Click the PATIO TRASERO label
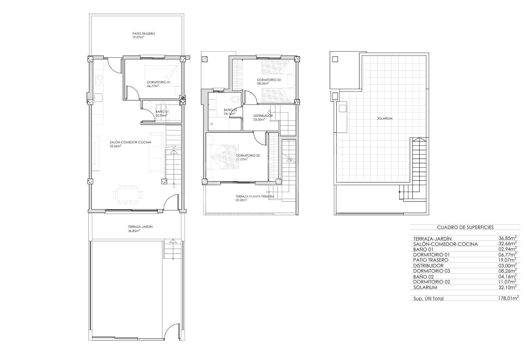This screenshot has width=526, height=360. point(144,34)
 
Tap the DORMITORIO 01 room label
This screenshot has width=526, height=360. point(159,82)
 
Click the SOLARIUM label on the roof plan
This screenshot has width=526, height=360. point(385,119)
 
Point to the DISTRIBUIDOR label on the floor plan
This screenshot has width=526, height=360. point(263,116)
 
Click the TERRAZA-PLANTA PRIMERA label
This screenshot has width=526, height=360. point(255,196)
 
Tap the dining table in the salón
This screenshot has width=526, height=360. point(128,195)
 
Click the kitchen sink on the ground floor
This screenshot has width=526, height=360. point(98,97)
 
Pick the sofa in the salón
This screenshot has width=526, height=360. point(156,152)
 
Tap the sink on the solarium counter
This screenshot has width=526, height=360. point(343,108)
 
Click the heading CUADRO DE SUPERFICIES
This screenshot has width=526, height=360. point(465,227)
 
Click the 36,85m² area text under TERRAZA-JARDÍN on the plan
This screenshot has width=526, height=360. point(134,231)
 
